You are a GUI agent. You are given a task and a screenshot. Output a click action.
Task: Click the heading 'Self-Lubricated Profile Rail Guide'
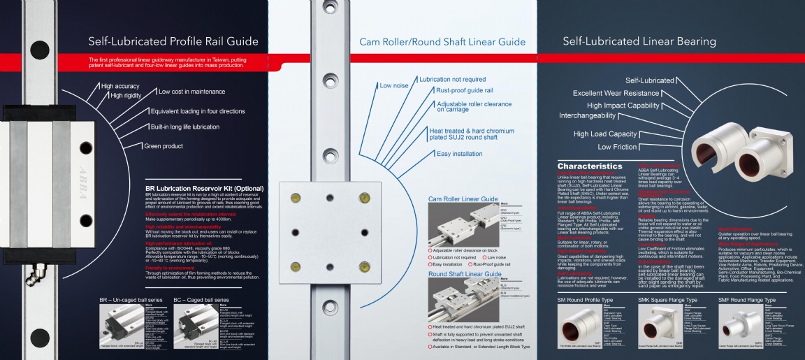(173, 41)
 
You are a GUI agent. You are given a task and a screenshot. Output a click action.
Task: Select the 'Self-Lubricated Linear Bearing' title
(639, 41)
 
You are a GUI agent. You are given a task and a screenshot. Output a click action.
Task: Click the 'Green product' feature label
(164, 146)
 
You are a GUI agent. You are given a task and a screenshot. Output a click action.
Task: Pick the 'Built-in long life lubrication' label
(185, 127)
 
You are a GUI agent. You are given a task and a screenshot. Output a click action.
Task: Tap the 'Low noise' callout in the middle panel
(394, 86)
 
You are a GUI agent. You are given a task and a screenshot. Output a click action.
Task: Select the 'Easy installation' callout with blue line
(460, 154)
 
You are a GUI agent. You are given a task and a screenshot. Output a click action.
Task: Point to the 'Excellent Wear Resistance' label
(616, 93)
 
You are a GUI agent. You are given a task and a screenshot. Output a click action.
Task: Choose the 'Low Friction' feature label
(617, 147)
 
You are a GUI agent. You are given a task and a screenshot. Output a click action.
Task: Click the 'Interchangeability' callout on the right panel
(597, 115)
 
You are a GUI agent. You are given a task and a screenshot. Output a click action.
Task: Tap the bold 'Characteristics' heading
(589, 166)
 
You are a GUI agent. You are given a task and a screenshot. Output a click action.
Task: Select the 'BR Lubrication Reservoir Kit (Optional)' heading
(204, 189)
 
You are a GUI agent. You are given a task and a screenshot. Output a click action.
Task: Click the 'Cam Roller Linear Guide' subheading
(463, 199)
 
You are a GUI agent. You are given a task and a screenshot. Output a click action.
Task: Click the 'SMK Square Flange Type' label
(667, 300)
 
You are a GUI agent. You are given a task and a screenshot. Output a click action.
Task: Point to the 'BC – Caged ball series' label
(203, 300)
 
